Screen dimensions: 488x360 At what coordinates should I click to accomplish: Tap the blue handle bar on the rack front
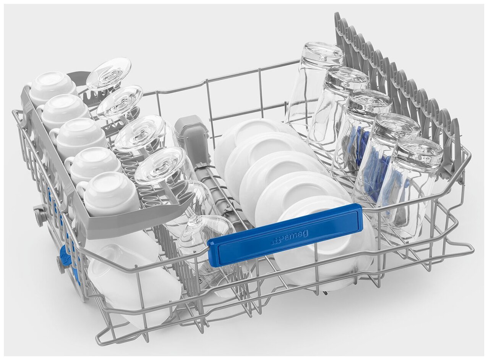tap(285, 235)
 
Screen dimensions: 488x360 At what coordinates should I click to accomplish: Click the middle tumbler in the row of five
tap(361, 136)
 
